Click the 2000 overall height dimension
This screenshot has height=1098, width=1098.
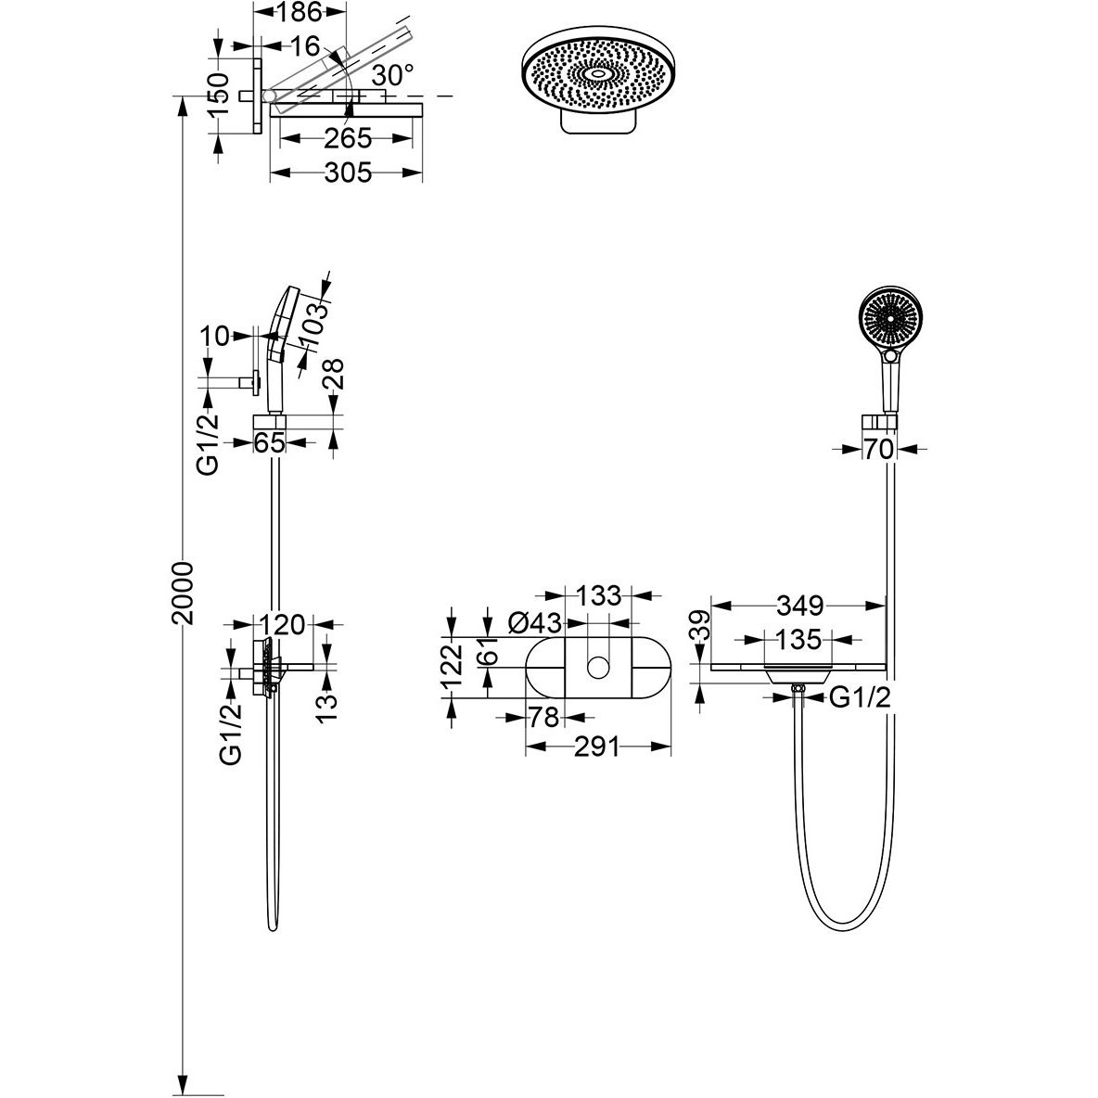[183, 593]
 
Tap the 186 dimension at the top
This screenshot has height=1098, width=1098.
[298, 11]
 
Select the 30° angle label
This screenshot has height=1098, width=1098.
[393, 75]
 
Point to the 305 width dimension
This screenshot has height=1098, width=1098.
[348, 172]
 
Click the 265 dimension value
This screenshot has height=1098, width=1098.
[348, 139]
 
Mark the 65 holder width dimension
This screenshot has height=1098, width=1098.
[269, 442]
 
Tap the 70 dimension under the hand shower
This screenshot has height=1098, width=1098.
[878, 449]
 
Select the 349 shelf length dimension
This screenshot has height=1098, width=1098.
[799, 605]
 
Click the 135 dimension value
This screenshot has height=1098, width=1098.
[798, 639]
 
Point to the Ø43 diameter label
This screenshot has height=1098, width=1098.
[536, 622]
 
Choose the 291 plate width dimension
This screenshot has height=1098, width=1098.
[597, 747]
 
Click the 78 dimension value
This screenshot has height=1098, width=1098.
[544, 717]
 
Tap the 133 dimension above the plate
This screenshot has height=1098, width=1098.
[598, 596]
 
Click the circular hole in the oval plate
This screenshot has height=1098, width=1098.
[598, 668]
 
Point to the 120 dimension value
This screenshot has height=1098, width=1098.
[283, 624]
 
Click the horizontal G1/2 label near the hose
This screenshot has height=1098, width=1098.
[860, 696]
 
